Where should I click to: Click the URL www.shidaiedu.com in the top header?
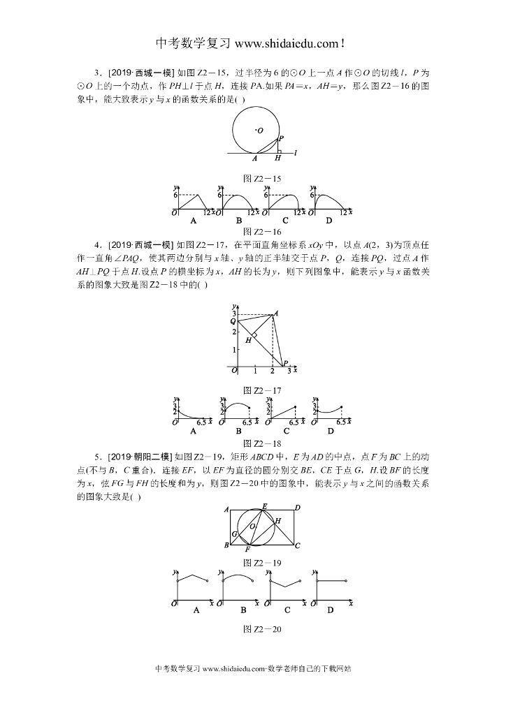[x=287, y=43]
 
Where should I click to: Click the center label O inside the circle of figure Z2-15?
[x=260, y=131]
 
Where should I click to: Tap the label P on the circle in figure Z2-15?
[x=281, y=138]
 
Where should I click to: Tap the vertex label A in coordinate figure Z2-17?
[x=277, y=314]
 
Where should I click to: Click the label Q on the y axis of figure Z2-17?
[x=233, y=321]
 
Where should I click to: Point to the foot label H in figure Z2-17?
[x=247, y=340]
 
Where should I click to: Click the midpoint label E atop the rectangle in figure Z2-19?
[x=264, y=506]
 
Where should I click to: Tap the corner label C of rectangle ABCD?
[x=297, y=545]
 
